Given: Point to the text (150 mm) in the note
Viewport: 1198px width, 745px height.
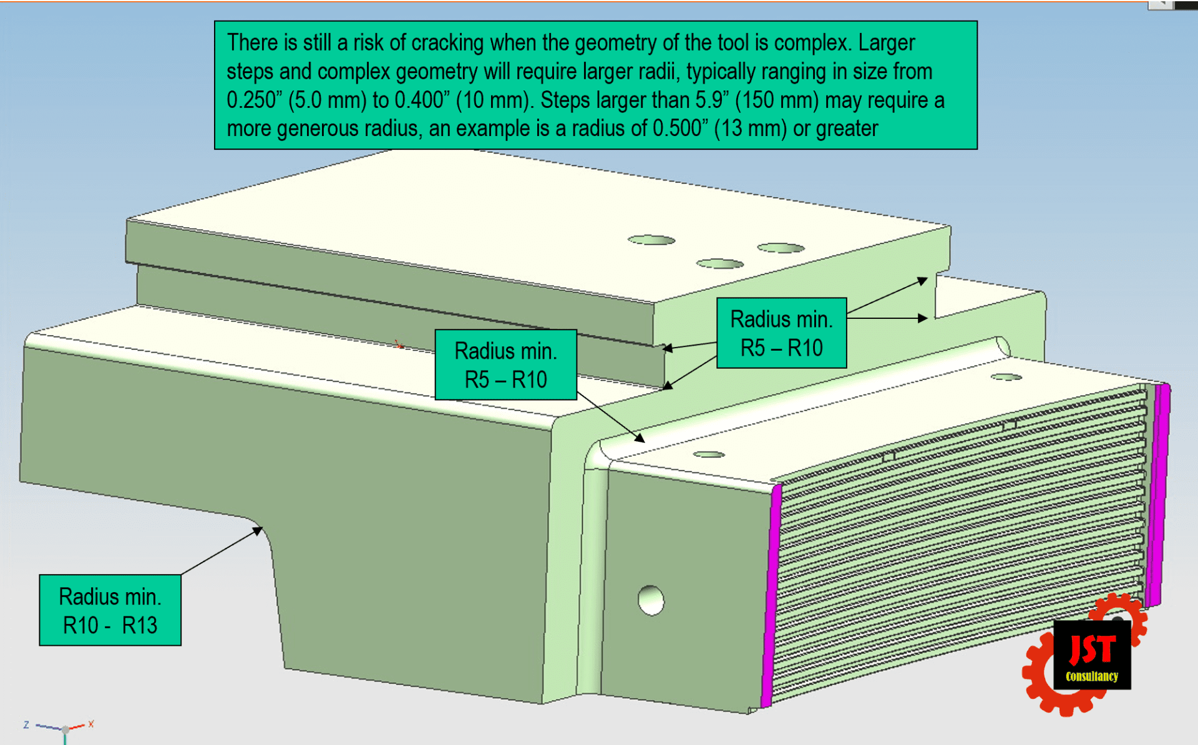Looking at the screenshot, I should click(x=777, y=100).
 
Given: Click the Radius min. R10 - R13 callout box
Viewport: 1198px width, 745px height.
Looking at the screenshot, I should click(x=110, y=610).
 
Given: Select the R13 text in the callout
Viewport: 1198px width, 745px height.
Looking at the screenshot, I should click(x=140, y=625).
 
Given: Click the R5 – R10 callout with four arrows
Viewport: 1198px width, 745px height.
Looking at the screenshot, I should click(x=781, y=333).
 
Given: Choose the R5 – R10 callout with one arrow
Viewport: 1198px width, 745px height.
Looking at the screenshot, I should click(x=505, y=365).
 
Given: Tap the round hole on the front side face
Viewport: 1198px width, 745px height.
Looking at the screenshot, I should click(x=651, y=600).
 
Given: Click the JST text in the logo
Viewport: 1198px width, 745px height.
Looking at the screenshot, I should click(x=1092, y=650).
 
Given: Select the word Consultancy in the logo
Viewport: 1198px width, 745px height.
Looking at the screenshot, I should click(x=1092, y=676).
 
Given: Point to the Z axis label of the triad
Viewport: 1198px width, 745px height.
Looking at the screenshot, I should click(x=26, y=725).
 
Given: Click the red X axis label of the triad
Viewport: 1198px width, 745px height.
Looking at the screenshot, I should click(x=91, y=724).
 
